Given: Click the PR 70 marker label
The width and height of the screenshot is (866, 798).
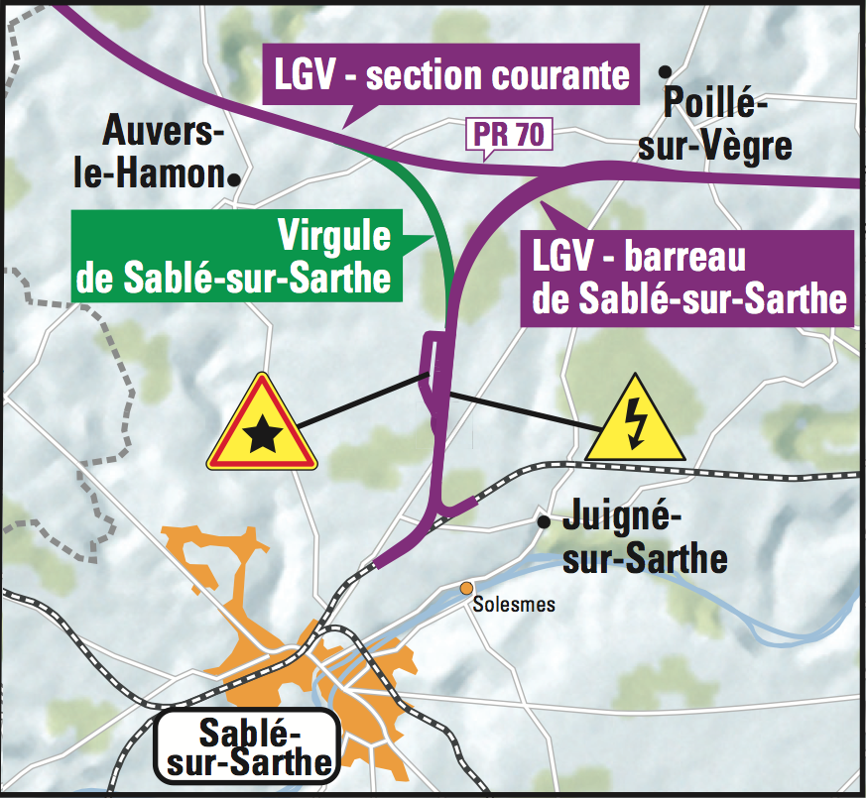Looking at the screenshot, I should click(509, 136).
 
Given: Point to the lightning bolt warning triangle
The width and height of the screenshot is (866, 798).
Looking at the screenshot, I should click(635, 421).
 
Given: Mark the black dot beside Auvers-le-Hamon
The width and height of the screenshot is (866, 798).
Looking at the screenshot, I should click(235, 178).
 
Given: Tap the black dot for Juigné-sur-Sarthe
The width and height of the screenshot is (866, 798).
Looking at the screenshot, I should click(543, 521).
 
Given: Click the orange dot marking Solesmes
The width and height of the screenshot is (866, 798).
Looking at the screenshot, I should click(464, 588).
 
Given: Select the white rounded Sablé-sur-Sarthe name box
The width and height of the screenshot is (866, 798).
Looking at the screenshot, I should click(249, 748).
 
